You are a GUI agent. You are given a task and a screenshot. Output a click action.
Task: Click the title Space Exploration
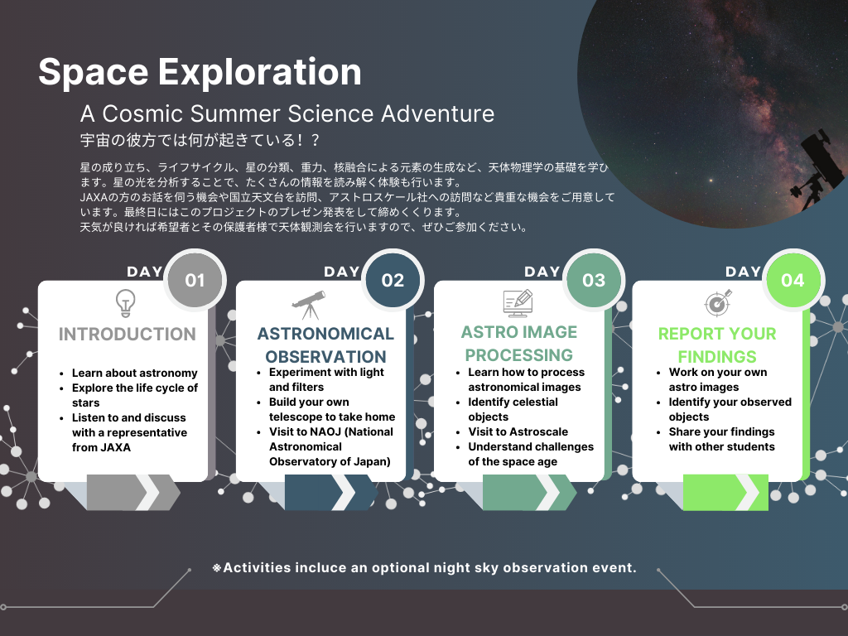pyautogui.click(x=200, y=71)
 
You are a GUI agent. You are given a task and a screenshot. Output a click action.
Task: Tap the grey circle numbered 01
pyautogui.click(x=195, y=280)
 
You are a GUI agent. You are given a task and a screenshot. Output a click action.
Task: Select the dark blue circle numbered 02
pyautogui.click(x=393, y=280)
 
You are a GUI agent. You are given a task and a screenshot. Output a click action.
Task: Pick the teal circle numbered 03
pyautogui.click(x=594, y=280)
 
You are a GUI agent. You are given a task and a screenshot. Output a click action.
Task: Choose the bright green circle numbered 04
pyautogui.click(x=793, y=280)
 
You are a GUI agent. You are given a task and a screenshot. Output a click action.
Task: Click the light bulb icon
pyautogui.click(x=126, y=303)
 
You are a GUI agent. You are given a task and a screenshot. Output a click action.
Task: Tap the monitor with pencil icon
pyautogui.click(x=518, y=303)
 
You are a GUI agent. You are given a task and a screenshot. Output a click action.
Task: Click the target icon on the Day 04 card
pyautogui.click(x=718, y=303)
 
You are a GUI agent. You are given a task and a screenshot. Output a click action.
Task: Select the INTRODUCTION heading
pyautogui.click(x=127, y=335)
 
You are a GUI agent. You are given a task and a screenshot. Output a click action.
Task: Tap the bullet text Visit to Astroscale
pyautogui.click(x=518, y=432)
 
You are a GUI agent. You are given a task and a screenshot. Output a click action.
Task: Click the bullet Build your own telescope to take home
pyautogui.click(x=332, y=409)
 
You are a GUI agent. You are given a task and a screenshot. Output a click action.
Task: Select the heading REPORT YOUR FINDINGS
pyautogui.click(x=717, y=345)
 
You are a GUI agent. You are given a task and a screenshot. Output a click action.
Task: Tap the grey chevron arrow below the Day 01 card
pyautogui.click(x=133, y=492)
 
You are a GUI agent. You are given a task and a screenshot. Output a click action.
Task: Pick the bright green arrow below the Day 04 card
pyautogui.click(x=725, y=492)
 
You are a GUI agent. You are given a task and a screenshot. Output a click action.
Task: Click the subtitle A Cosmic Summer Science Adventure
pyautogui.click(x=287, y=114)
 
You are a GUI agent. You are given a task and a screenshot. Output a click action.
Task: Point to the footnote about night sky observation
pyautogui.click(x=424, y=568)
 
